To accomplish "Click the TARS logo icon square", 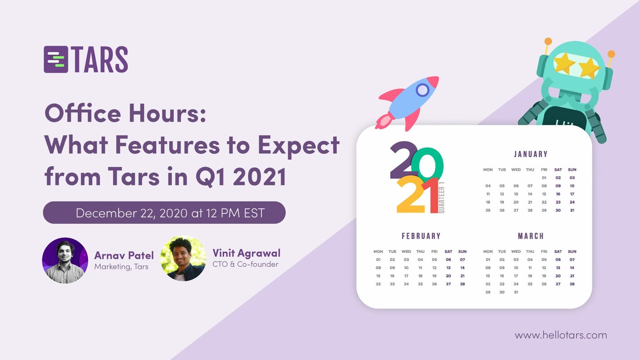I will tap(56, 59).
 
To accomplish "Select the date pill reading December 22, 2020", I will tap(164, 213).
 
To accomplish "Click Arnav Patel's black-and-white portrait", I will tap(65, 261).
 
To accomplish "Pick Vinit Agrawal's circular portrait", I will tap(183, 259).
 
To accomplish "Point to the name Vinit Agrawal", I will tap(246, 253).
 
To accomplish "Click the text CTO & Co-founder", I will tap(245, 264).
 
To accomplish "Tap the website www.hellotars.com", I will tap(561, 335).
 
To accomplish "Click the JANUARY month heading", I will tap(531, 154).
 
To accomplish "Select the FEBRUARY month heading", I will tap(421, 236).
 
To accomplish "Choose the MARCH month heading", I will tap(531, 236).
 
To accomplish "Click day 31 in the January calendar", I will tap(572, 210).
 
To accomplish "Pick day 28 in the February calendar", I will tap(462, 284).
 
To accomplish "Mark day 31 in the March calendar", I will tap(516, 292).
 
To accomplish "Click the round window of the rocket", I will tap(422, 90).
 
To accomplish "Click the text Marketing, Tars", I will tap(121, 266).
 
